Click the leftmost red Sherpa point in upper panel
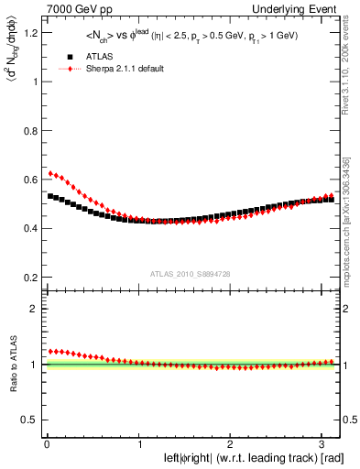pyautogui.click(x=50, y=173)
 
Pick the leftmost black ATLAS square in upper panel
pyautogui.click(x=50, y=196)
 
